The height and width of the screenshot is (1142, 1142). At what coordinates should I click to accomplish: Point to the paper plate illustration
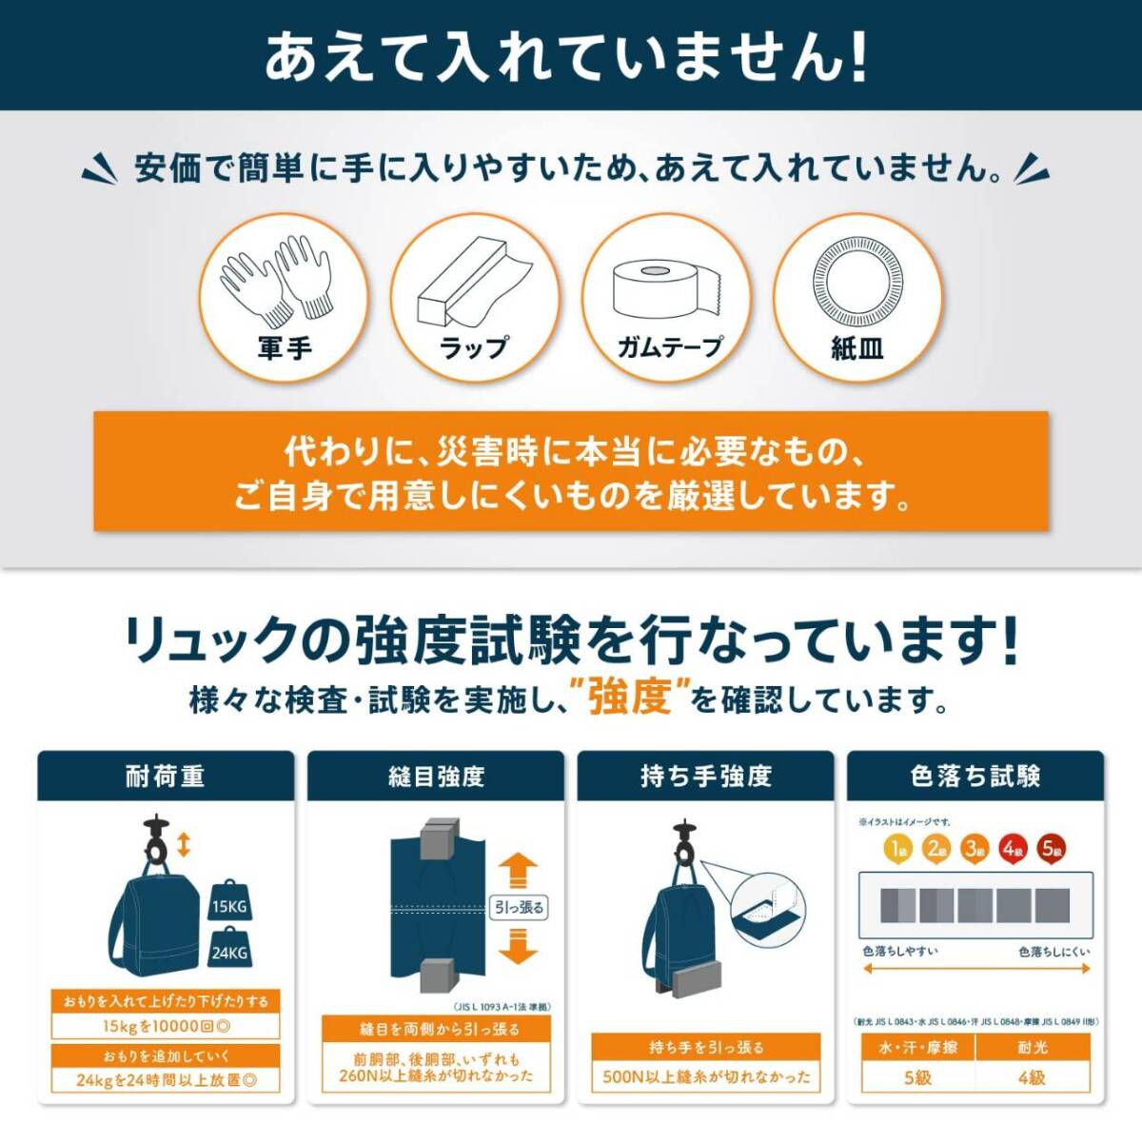856,281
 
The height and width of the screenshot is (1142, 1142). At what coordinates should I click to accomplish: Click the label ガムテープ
669,346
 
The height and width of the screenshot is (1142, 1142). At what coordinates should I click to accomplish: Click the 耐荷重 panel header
166,777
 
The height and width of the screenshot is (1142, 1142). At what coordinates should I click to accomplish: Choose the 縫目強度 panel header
436,777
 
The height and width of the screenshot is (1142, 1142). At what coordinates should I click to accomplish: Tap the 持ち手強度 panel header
705,777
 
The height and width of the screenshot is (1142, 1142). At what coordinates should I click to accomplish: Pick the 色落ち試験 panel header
975,777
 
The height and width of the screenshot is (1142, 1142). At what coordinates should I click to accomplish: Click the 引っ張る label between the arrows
519,908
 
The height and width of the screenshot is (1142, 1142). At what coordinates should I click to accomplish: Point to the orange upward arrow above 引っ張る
519,869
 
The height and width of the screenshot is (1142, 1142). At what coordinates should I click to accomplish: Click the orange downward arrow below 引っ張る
519,947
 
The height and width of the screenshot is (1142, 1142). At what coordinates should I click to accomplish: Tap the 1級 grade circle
897,848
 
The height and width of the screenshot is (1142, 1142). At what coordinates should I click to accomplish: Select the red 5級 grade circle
1052,848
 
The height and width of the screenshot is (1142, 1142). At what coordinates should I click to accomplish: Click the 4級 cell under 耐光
1032,1077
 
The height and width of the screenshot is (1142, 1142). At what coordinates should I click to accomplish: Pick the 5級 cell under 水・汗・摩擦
918,1077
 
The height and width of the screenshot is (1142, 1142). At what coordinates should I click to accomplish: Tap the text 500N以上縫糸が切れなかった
706,1077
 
